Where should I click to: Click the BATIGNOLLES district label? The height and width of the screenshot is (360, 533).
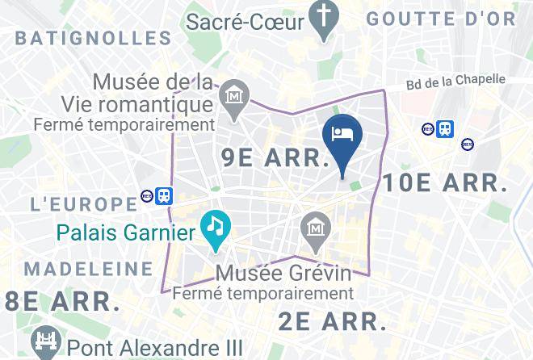93,38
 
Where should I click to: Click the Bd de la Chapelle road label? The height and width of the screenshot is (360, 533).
455,82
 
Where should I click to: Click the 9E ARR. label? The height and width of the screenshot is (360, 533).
274,157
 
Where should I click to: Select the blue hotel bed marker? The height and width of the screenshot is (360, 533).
342,134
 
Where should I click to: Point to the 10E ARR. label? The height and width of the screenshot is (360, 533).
445,182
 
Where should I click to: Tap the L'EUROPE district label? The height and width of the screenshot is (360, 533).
83,203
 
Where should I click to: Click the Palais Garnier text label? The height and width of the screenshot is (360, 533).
126,234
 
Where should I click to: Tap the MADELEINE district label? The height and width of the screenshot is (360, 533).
88,268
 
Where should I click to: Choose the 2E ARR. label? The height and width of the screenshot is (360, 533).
332,320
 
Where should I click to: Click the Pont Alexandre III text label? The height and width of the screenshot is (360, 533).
155,348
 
